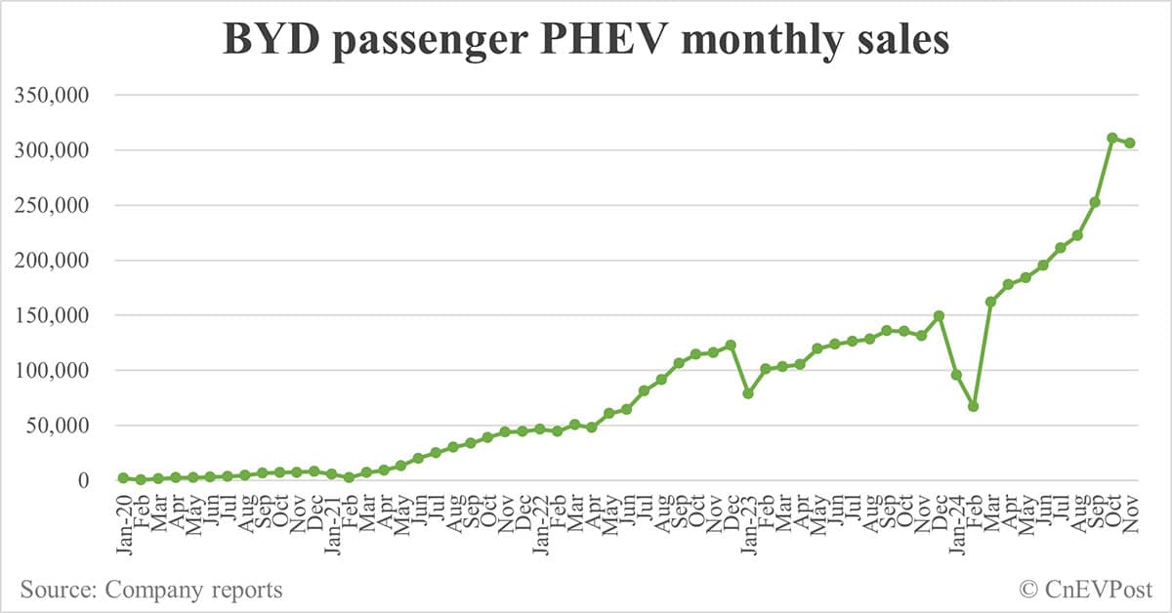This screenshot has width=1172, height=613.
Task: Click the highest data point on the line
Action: [x=1112, y=138]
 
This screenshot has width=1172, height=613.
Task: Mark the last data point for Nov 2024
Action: [x=1130, y=143]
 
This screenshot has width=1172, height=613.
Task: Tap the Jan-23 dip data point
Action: [x=748, y=393]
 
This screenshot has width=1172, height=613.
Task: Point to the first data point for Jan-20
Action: [x=123, y=477]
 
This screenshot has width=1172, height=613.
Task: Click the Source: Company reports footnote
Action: [x=150, y=590]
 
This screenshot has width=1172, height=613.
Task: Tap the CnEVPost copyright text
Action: [x=1085, y=590]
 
